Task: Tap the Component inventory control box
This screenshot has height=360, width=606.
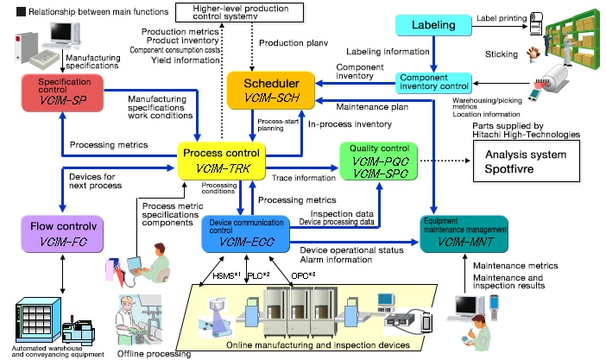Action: [x=434, y=84]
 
